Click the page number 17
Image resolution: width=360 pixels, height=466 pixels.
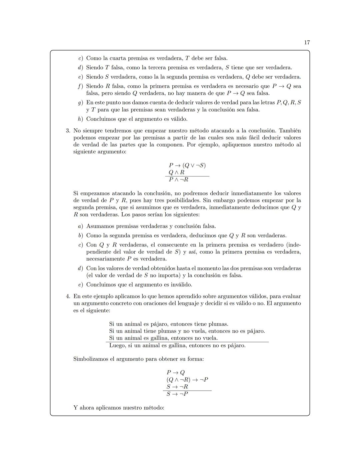click(x=307, y=42)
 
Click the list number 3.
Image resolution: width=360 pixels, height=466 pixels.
click(x=68, y=130)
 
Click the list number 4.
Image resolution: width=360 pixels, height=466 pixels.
click(x=68, y=296)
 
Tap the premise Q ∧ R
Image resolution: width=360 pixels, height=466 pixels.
click(x=177, y=172)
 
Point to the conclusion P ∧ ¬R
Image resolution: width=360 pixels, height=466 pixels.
click(x=179, y=179)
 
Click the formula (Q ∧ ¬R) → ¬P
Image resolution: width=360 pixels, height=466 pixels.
click(x=187, y=380)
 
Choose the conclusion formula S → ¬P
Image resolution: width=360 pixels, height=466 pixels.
click(x=177, y=394)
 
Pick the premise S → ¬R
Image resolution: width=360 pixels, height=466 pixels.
click(x=177, y=387)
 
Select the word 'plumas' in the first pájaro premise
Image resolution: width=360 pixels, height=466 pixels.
click(x=218, y=324)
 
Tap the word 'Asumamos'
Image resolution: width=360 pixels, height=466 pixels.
click(x=100, y=226)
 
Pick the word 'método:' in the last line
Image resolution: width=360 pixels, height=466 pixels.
click(x=153, y=408)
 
